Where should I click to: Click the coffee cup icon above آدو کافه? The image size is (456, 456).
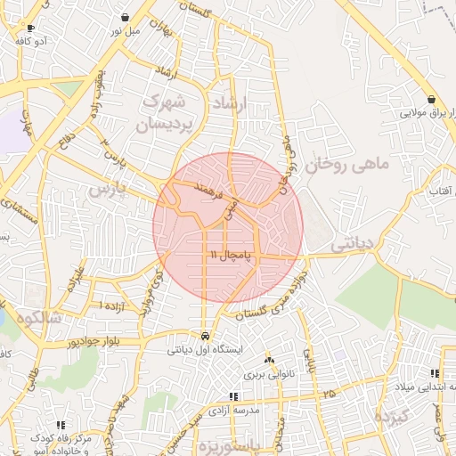click(31, 28)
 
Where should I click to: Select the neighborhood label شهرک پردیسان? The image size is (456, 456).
click(165, 112)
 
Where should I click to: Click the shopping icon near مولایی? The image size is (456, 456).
click(432, 99)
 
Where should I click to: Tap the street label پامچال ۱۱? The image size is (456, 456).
click(232, 256)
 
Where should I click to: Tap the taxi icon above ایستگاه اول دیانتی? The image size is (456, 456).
click(207, 338)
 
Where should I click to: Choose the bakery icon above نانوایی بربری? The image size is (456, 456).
click(270, 359)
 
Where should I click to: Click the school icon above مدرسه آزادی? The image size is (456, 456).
click(232, 396)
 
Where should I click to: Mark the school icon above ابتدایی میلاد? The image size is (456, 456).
click(434, 373)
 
